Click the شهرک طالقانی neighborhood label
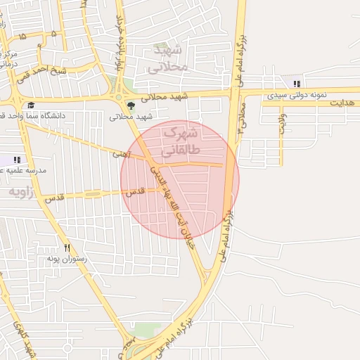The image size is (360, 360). (x=180, y=141)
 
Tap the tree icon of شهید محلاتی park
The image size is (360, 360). (x=131, y=105)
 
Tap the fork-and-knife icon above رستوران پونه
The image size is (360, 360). (x=67, y=247)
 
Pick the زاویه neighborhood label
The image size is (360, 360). (x=22, y=191)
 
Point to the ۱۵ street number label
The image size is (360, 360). (x=22, y=35)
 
